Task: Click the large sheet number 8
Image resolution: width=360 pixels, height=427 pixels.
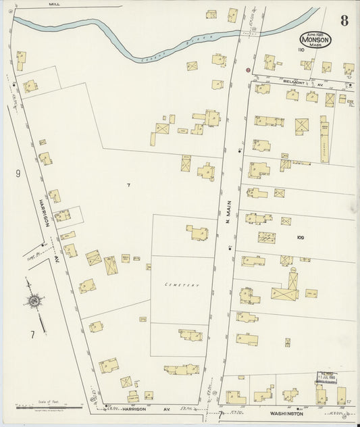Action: [x=344, y=20]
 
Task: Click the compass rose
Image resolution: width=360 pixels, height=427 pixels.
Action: [x=32, y=301]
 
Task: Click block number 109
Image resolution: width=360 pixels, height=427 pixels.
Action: [x=301, y=238]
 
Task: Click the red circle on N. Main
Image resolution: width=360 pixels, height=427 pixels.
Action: [x=248, y=70]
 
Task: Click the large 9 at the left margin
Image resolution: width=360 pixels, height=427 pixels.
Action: [x=18, y=174]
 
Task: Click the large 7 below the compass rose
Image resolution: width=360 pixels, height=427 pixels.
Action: [x=31, y=334]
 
